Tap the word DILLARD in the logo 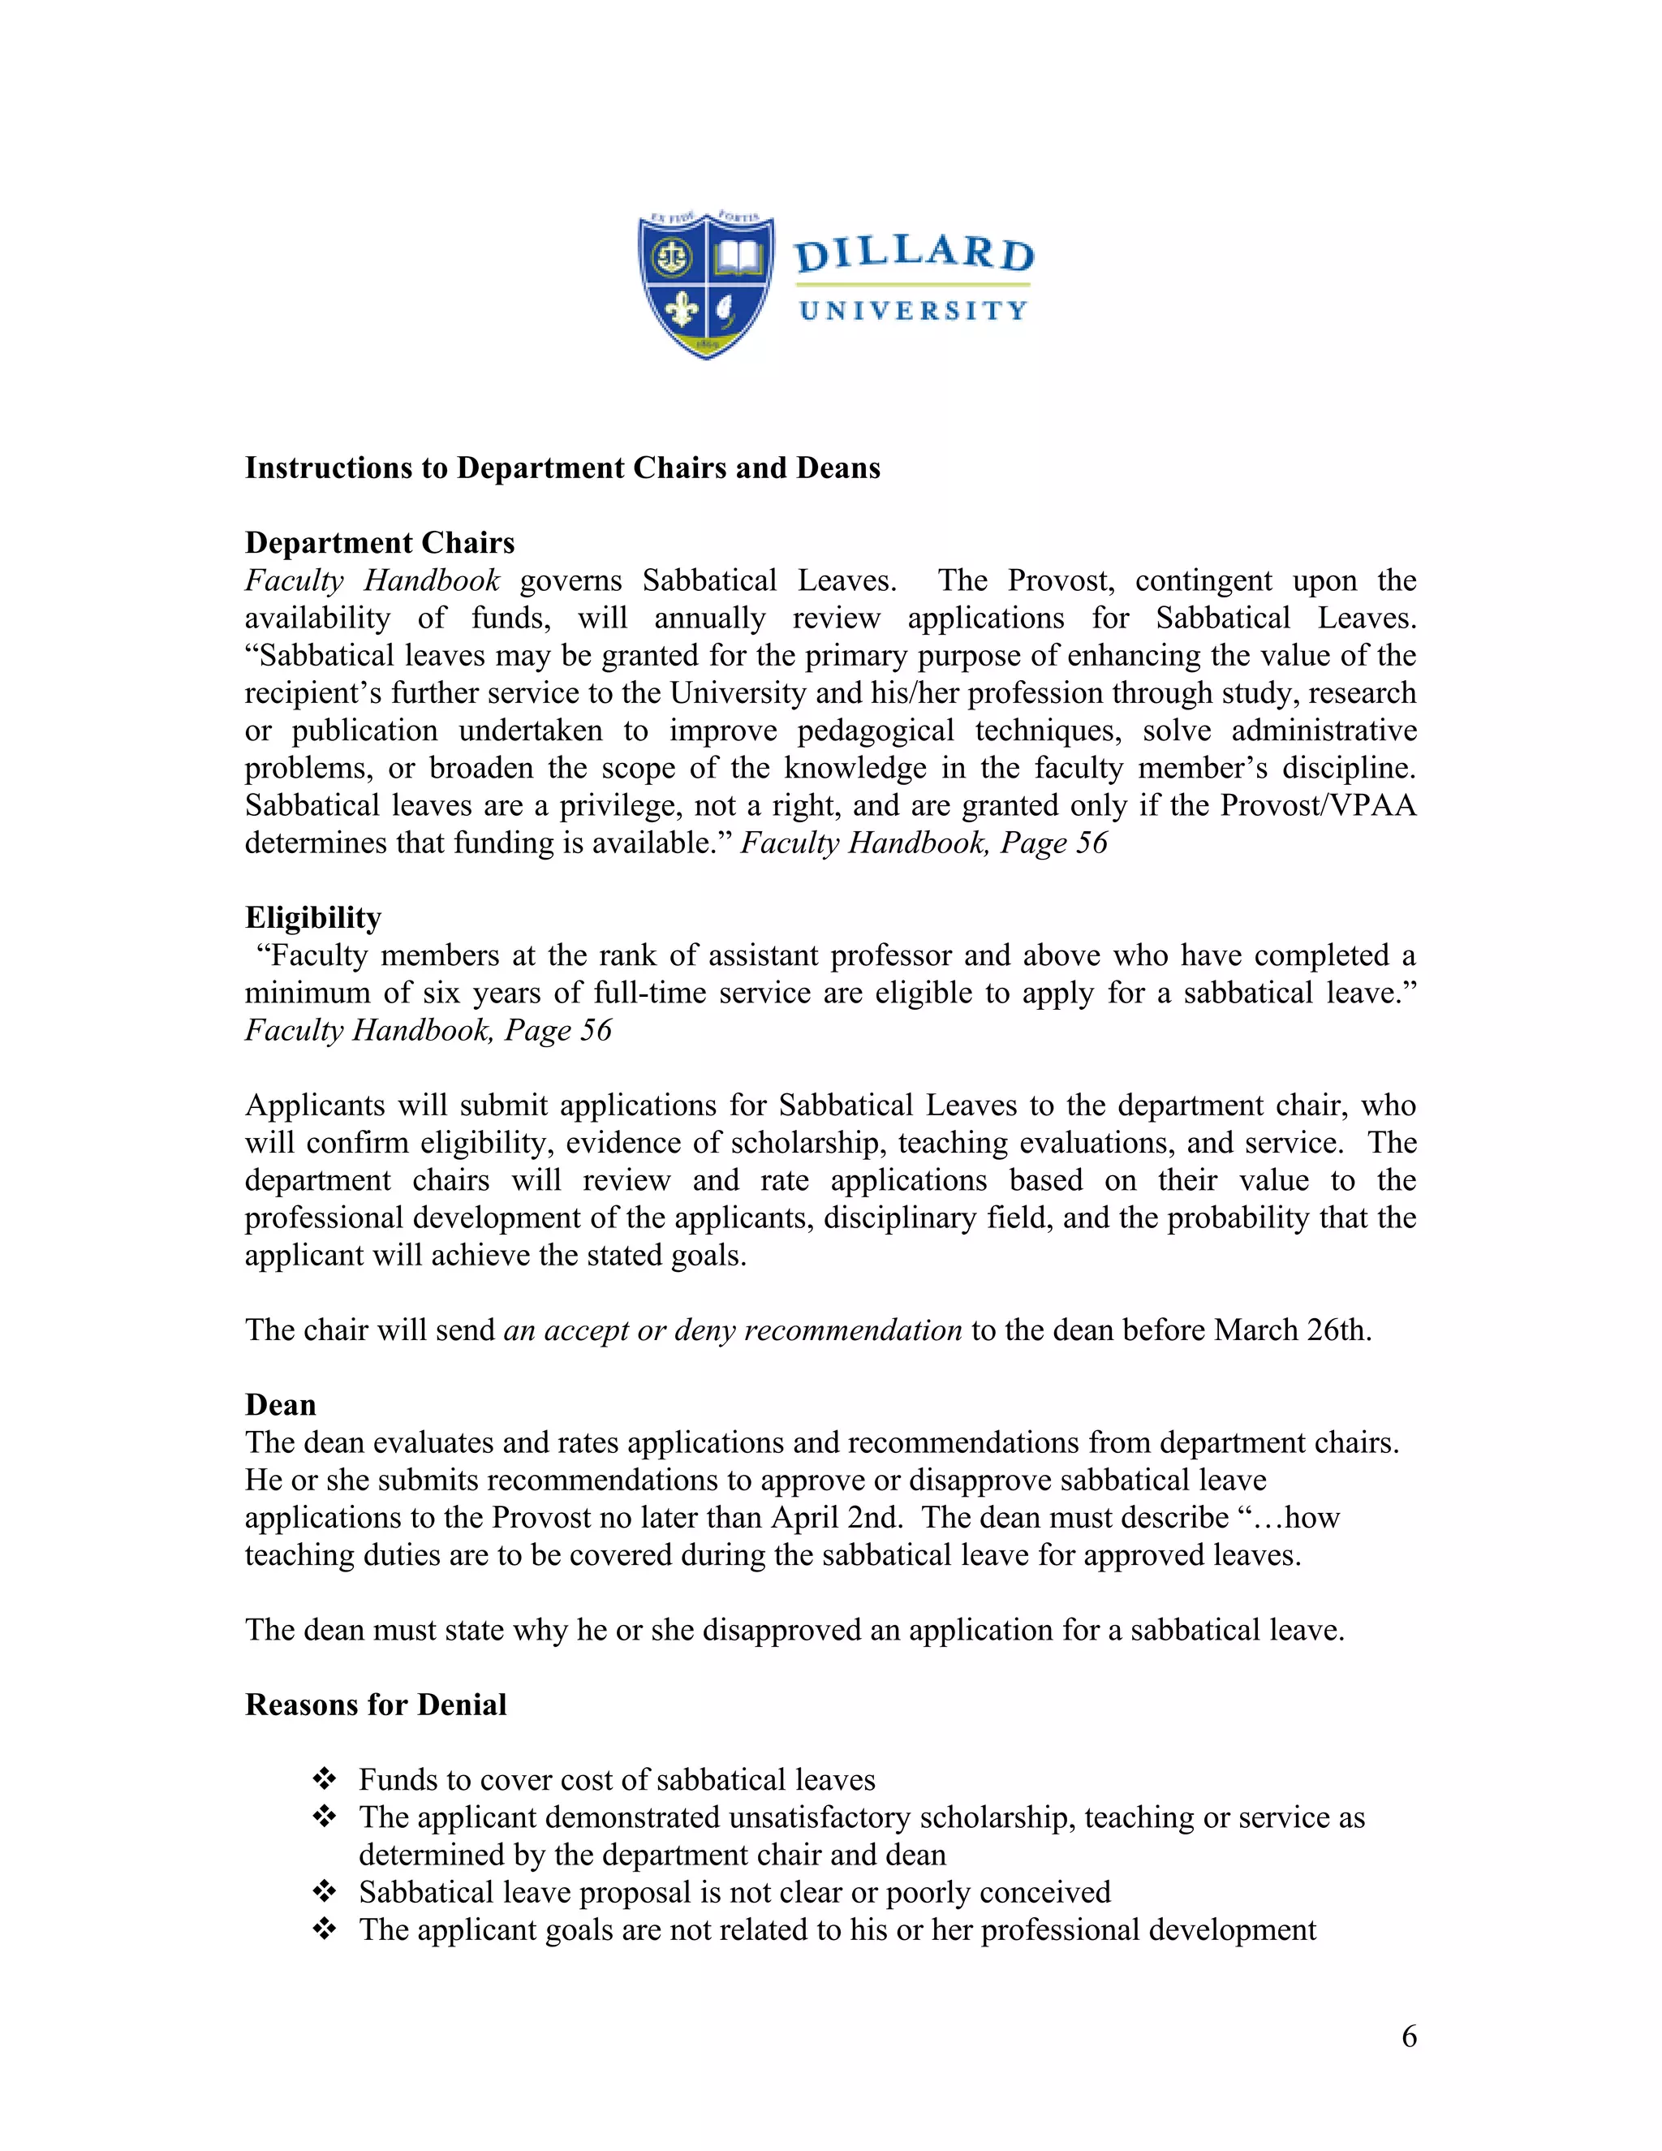pos(914,253)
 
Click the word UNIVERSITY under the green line pos(914,311)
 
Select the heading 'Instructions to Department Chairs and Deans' pos(562,468)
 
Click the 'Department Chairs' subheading pos(379,543)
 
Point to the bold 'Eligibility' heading pos(313,918)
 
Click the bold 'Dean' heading pos(281,1404)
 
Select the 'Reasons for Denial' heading pos(375,1705)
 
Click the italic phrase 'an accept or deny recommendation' pos(733,1330)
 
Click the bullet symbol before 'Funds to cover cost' pos(324,1778)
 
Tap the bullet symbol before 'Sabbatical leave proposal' pos(324,1891)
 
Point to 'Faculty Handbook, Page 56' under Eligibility pos(428,1030)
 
